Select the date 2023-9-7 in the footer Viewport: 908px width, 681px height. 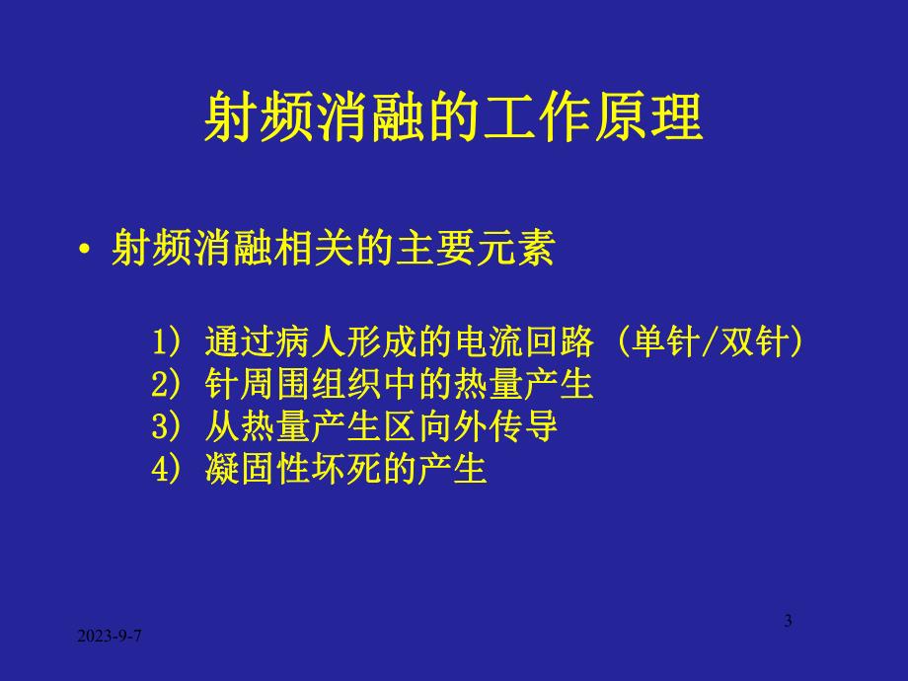[x=110, y=639]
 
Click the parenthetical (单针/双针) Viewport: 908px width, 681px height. [x=707, y=342]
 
